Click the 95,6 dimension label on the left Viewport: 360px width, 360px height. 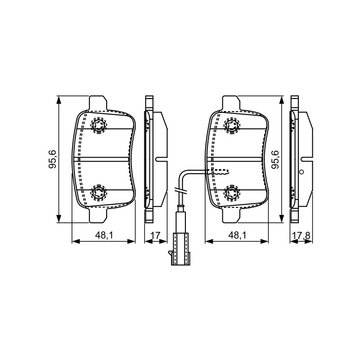coord(53,159)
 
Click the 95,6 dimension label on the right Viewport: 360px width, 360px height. coord(275,160)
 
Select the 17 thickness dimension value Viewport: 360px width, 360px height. coord(155,235)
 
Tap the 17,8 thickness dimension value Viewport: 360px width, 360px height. coord(301,236)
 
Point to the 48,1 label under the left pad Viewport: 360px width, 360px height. coord(104,235)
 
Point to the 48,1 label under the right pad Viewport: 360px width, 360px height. coord(237,235)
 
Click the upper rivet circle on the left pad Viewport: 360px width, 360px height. coord(99,125)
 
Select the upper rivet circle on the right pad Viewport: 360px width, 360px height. coord(232,125)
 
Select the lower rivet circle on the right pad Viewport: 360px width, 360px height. coord(232,192)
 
